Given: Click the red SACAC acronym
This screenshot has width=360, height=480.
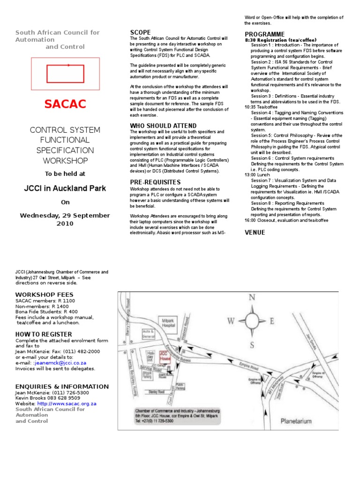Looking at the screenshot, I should tap(65, 104).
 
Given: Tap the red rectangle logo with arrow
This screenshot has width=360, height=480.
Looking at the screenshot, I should tap(65, 73).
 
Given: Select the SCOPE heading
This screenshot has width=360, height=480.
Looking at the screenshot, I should tap(140, 32).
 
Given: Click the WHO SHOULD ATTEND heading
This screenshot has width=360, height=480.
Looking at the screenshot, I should tap(163, 126).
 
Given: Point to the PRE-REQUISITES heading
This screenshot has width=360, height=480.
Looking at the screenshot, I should tap(155, 182).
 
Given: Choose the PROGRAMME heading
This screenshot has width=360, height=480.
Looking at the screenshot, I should tap(264, 34).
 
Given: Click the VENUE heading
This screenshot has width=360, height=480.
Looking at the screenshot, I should tap(255, 232).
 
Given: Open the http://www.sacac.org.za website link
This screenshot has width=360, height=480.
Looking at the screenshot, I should tap(67, 404).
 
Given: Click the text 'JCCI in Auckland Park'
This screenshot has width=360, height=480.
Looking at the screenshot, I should tap(65, 188).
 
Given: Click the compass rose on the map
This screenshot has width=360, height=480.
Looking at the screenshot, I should tap(253, 321).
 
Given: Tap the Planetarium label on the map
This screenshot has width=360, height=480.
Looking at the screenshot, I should tap(296, 421).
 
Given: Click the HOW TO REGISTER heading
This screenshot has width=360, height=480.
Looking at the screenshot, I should tap(44, 334).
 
